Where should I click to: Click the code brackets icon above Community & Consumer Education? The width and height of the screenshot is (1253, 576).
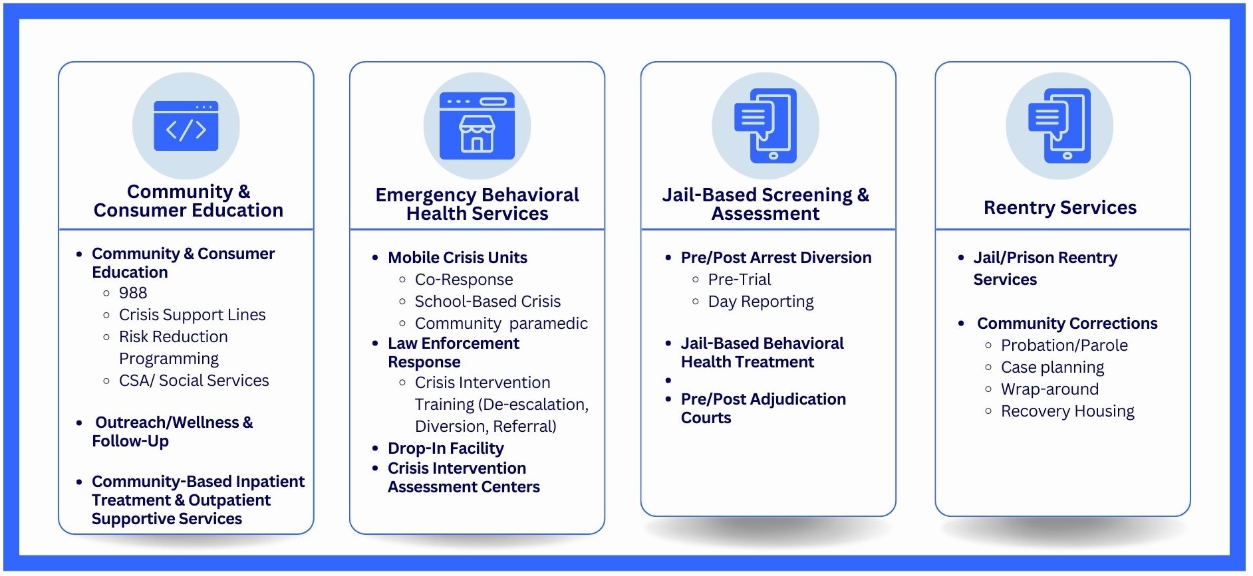pos(186,126)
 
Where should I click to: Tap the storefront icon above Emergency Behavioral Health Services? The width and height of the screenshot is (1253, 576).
pos(477,126)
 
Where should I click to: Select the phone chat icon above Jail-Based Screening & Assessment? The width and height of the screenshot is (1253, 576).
pos(766,126)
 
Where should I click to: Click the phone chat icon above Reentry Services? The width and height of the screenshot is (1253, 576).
pos(1059,126)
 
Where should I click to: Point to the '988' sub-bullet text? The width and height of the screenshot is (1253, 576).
pos(133,293)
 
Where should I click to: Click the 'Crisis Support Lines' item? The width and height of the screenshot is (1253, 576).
pos(192,315)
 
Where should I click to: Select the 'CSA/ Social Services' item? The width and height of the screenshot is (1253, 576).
pos(194,381)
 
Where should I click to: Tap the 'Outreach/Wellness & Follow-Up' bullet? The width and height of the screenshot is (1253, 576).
pos(172,432)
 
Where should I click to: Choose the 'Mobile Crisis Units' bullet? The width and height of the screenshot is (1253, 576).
pos(458,258)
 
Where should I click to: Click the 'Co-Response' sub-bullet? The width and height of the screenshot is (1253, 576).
pos(464,280)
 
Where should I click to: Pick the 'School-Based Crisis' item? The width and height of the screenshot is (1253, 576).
pos(487,302)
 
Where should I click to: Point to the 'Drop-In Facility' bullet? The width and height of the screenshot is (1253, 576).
pos(446,448)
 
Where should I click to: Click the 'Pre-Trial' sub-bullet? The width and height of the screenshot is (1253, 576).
pos(740,280)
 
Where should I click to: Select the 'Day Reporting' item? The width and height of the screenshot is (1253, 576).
pos(761,302)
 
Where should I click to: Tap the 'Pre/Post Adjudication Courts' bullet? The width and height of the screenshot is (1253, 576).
pos(763,409)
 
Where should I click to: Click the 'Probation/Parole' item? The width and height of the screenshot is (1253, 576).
pos(1064,345)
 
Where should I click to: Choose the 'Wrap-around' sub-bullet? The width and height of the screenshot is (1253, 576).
pos(1049,389)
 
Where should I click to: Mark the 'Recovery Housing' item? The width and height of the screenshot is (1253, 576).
pos(1067,411)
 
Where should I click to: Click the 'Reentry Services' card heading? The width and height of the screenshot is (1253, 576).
pos(1060,208)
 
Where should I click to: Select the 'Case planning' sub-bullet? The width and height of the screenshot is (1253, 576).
pos(1052,367)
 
